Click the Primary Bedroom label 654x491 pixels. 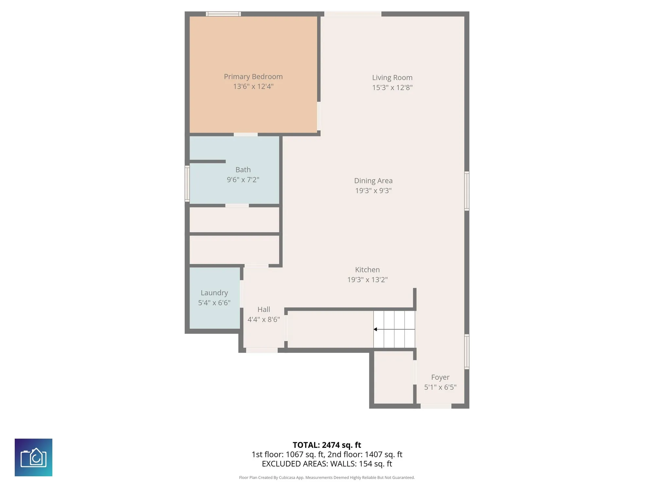pyautogui.click(x=253, y=77)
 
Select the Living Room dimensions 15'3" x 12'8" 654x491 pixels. pyautogui.click(x=392, y=87)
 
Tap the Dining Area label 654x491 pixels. pyautogui.click(x=373, y=181)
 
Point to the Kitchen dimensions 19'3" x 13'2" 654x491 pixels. pyautogui.click(x=367, y=280)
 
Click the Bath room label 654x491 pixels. pyautogui.click(x=243, y=170)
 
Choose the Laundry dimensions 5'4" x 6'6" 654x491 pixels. pyautogui.click(x=214, y=303)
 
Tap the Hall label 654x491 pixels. pyautogui.click(x=264, y=309)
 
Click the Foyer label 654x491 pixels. pyautogui.click(x=440, y=377)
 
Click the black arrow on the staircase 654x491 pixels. pyautogui.click(x=375, y=329)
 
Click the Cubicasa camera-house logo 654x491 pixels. pyautogui.click(x=33, y=457)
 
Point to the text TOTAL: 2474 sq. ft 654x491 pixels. pyautogui.click(x=327, y=445)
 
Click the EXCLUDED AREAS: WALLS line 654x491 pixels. pyautogui.click(x=327, y=464)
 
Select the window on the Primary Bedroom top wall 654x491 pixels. pyautogui.click(x=223, y=14)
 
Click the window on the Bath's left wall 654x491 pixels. pyautogui.click(x=187, y=183)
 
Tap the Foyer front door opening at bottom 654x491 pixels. pyautogui.click(x=436, y=406)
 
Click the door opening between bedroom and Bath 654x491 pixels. pyautogui.click(x=246, y=135)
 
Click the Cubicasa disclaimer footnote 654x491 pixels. pyautogui.click(x=327, y=478)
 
